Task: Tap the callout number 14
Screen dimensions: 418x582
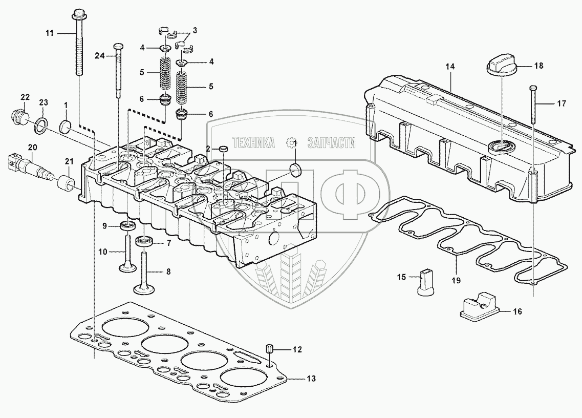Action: click(x=450, y=67)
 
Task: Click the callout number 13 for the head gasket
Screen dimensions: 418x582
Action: click(x=311, y=379)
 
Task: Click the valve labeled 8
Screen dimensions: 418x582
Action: click(x=144, y=271)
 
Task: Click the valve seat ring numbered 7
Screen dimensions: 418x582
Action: click(x=144, y=241)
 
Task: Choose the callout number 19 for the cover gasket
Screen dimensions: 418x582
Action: click(x=456, y=280)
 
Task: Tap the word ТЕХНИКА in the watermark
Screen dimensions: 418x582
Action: click(x=253, y=143)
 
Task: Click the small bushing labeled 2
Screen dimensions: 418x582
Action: click(x=223, y=149)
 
